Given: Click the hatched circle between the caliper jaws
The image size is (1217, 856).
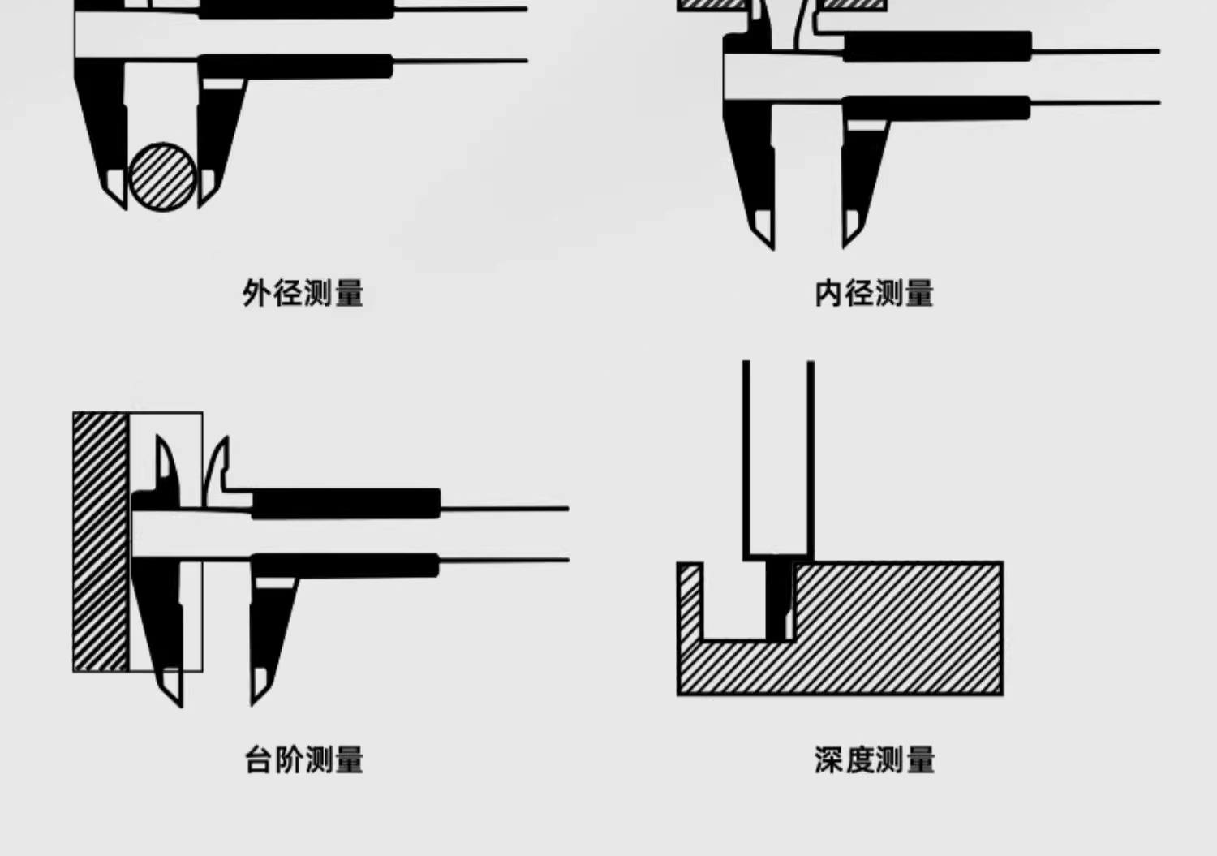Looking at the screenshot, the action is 163,176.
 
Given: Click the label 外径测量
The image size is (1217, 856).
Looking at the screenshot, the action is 303,293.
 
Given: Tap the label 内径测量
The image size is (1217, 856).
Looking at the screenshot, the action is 874,293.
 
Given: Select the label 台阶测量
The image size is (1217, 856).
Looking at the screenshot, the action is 304,760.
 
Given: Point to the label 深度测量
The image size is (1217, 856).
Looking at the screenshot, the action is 875,760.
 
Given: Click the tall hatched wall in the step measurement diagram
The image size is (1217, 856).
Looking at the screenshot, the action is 101,541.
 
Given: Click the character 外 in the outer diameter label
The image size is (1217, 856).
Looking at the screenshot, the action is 256,293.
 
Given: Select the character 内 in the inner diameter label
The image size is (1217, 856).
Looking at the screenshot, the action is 828,293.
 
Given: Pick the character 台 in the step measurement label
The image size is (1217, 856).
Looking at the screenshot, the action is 258,760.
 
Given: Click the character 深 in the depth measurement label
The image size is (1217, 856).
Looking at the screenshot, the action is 829,760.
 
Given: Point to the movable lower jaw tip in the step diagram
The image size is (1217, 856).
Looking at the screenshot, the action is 259,686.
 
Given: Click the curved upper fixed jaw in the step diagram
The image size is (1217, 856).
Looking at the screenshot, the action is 166,467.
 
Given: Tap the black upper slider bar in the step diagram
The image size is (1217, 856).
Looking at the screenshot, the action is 346,503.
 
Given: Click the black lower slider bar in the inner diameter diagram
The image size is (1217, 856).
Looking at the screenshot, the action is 936,107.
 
